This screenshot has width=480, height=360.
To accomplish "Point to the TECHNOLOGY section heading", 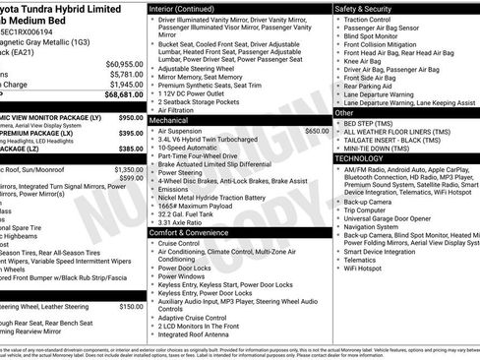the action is [359, 157].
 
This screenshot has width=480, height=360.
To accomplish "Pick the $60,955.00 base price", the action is [125, 63].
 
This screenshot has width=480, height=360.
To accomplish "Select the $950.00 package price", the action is [130, 117].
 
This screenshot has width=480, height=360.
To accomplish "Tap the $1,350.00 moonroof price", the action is [129, 169].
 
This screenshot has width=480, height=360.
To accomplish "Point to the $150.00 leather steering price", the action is [132, 306].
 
